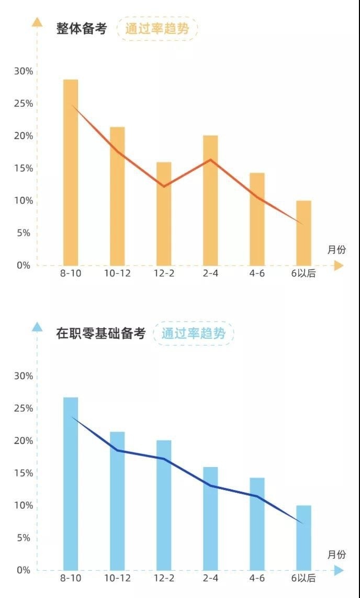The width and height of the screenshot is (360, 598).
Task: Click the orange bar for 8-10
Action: coord(71,173)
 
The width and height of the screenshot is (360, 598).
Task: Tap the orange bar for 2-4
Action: coord(210,201)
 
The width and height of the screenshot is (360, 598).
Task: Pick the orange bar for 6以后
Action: coord(303,233)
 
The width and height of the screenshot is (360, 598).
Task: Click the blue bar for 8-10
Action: coord(71,484)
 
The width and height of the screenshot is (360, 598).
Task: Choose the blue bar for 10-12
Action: coord(117,501)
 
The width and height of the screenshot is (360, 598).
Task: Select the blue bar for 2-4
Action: coord(210,518)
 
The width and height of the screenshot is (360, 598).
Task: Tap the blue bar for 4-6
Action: coord(257,524)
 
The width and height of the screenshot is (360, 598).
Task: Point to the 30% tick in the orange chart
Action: coord(23,71)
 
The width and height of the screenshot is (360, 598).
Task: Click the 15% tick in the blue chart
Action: coord(23,473)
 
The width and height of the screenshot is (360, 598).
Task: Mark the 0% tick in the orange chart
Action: coord(23,265)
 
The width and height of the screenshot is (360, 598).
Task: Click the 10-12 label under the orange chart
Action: coord(117,273)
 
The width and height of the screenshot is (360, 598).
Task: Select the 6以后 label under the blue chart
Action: coord(303,578)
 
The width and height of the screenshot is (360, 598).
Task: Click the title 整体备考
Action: coord(82,29)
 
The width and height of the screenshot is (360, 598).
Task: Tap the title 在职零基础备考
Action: coord(100,334)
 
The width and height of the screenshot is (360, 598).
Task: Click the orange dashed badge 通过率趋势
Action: coord(157,29)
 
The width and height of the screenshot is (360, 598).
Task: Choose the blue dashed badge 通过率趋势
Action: coord(193,334)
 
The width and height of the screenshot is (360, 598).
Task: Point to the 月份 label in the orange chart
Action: coord(336,250)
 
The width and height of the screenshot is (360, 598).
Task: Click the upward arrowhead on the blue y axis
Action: coord(37,327)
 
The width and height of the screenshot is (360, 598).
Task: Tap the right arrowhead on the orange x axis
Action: coord(339,265)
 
